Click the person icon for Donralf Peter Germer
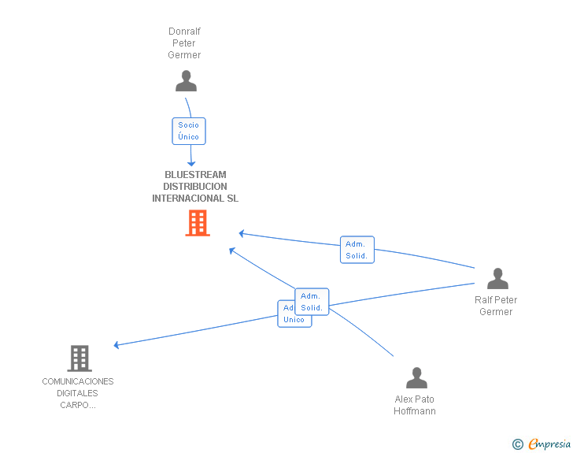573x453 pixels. pos(186,81)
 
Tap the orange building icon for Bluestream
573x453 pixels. pos(197,223)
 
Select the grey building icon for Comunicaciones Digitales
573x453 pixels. pos(79,358)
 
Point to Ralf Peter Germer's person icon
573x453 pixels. pos(497,279)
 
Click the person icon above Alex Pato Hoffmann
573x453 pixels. pos(416,378)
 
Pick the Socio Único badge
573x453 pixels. pos(188,131)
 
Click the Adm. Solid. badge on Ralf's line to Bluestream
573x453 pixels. pos(357,250)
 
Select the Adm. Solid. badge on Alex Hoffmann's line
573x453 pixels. pos(312,301)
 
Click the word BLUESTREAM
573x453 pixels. pos(195,175)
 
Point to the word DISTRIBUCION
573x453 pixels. pos(195,187)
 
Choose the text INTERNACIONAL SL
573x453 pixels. pos(195,199)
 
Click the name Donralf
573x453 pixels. pos(184,32)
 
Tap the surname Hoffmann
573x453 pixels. pos(415,411)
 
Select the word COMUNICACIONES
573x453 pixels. pos(78,381)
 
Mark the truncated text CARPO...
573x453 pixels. pos(78,405)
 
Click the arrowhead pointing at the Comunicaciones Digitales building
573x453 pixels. pos(116,345)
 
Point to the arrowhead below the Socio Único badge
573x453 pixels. pos(190,163)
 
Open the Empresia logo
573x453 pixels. pos(549,444)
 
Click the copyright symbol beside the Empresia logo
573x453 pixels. pos(517,445)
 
